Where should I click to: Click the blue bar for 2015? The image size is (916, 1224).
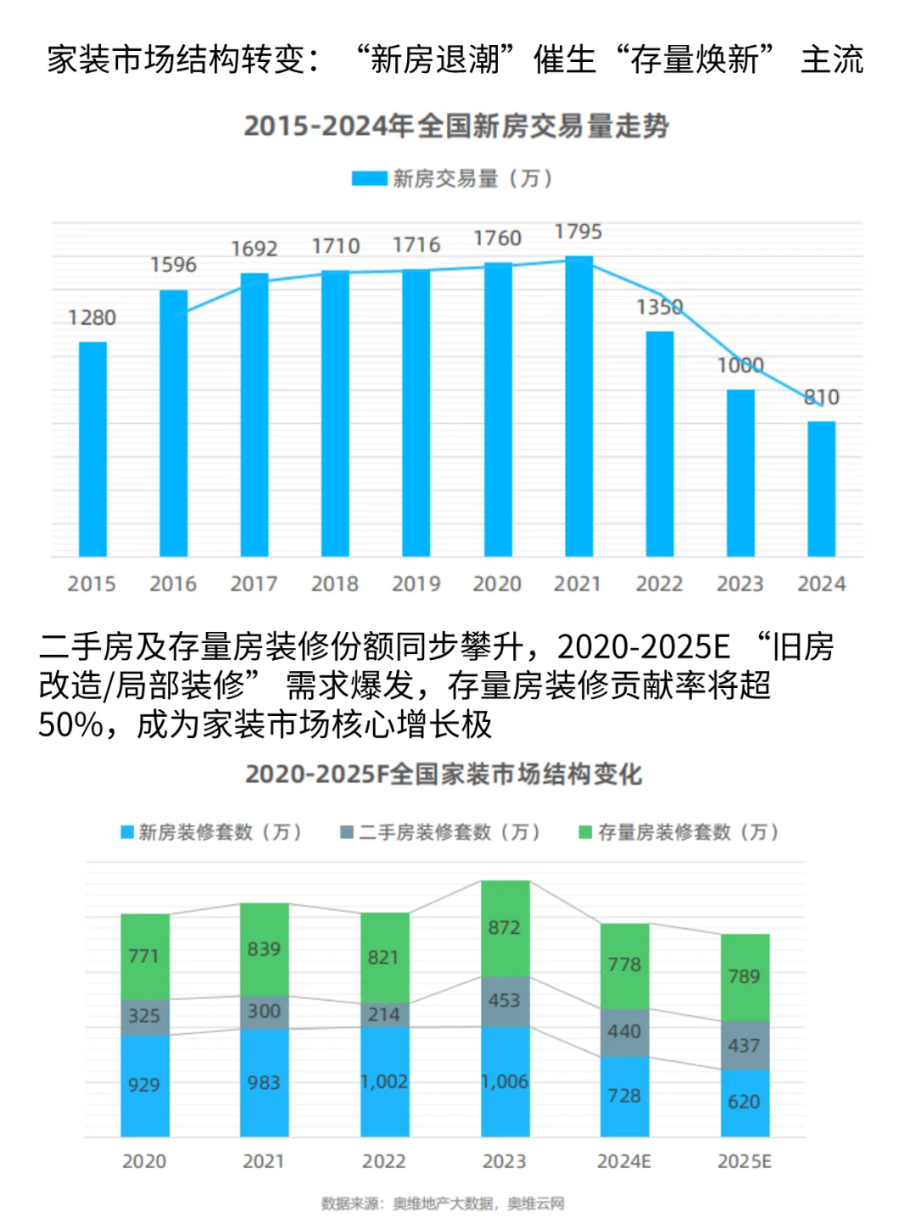[92, 449]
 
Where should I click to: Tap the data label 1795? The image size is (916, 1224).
[578, 232]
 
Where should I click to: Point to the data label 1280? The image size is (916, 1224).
[92, 318]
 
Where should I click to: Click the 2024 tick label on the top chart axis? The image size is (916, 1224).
[821, 584]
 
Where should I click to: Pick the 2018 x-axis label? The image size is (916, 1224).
[334, 584]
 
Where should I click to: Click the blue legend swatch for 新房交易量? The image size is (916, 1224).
[370, 179]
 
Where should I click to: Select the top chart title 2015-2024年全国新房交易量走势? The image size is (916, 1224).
[456, 126]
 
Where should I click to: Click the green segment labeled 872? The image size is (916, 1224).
[505, 928]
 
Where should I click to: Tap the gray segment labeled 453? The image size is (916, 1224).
[505, 1001]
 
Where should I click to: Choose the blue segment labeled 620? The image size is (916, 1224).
[745, 1102]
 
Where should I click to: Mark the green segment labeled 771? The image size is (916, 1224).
[144, 956]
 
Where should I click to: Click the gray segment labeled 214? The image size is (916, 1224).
[384, 1014]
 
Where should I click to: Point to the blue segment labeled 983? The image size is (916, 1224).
[264, 1082]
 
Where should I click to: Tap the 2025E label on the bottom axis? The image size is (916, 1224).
[744, 1161]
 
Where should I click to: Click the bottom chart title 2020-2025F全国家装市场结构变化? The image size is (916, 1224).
[444, 774]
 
